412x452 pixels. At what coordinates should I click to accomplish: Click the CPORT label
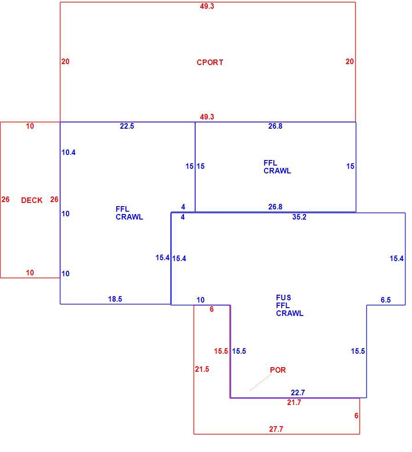pyautogui.click(x=210, y=62)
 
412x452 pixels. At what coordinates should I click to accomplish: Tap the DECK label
pyautogui.click(x=32, y=200)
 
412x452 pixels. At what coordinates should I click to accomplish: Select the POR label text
pyautogui.click(x=278, y=370)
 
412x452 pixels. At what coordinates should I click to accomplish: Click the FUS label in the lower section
pyautogui.click(x=283, y=297)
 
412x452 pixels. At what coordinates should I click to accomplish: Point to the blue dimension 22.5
pyautogui.click(x=127, y=126)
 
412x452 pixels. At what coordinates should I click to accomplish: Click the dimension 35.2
pyautogui.click(x=300, y=217)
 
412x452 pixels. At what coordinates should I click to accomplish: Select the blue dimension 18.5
pyautogui.click(x=115, y=299)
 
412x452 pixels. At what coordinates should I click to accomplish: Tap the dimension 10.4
pyautogui.click(x=69, y=152)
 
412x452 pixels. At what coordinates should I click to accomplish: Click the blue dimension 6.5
pyautogui.click(x=386, y=300)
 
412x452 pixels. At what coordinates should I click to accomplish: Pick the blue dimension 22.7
pyautogui.click(x=298, y=393)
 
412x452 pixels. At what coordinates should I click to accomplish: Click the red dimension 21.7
pyautogui.click(x=294, y=402)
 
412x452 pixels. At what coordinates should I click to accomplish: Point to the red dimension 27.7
pyautogui.click(x=277, y=429)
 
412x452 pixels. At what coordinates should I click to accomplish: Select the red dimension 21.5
pyautogui.click(x=202, y=369)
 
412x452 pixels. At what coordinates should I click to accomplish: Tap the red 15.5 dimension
pyautogui.click(x=221, y=351)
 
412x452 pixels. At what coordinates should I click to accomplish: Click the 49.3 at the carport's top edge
pyautogui.click(x=207, y=6)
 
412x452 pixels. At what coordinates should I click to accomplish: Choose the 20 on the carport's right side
pyautogui.click(x=349, y=61)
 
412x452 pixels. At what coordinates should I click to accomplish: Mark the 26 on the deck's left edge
pyautogui.click(x=6, y=199)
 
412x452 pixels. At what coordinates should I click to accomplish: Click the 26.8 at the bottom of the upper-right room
pyautogui.click(x=276, y=207)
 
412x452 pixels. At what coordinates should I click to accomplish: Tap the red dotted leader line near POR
pyautogui.click(x=260, y=382)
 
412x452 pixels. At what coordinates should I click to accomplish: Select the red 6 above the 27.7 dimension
pyautogui.click(x=356, y=416)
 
